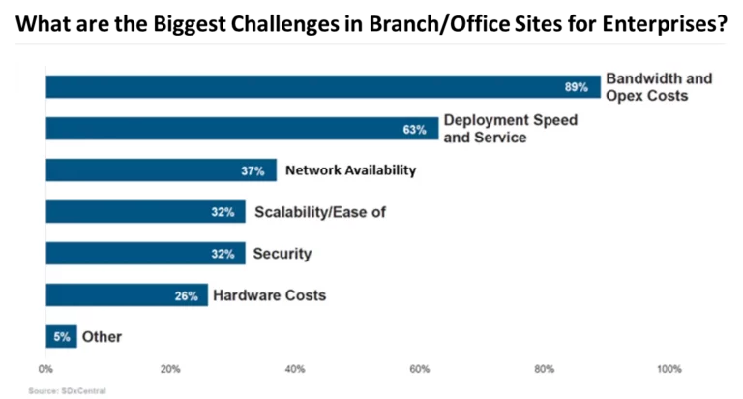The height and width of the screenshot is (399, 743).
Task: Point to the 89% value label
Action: coord(577,87)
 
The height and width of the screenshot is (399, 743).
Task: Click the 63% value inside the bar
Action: coord(415,129)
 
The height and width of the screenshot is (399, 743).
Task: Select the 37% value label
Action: coord(253,170)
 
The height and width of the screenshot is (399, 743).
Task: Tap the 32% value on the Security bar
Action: coord(223,254)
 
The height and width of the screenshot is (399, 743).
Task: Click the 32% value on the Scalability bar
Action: coord(223,212)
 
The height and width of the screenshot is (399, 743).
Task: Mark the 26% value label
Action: coord(187,295)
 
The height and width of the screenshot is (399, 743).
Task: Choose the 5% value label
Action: coord(60,337)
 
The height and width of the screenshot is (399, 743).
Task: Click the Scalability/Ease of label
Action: coord(319,212)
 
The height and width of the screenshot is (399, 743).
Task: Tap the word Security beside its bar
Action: coord(282,254)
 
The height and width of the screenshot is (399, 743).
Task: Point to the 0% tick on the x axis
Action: coord(45,369)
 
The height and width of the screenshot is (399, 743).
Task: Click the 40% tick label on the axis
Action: coord(295,369)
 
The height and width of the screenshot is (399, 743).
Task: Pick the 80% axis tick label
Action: coord(544,369)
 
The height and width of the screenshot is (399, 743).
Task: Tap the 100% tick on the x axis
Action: coord(668,369)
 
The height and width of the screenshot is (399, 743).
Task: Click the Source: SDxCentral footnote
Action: coord(67,390)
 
